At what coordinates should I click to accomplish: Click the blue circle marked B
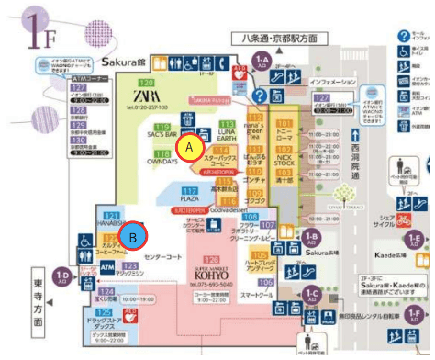pos(134,236)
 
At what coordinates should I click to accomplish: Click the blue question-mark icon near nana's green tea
pos(260,95)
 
